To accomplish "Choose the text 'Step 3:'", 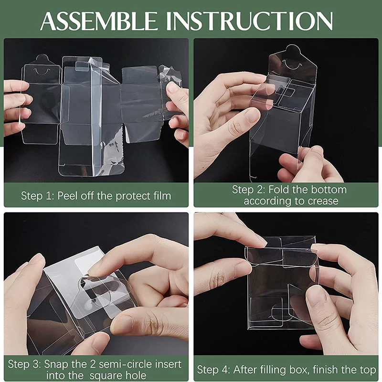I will click(x=25, y=364).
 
